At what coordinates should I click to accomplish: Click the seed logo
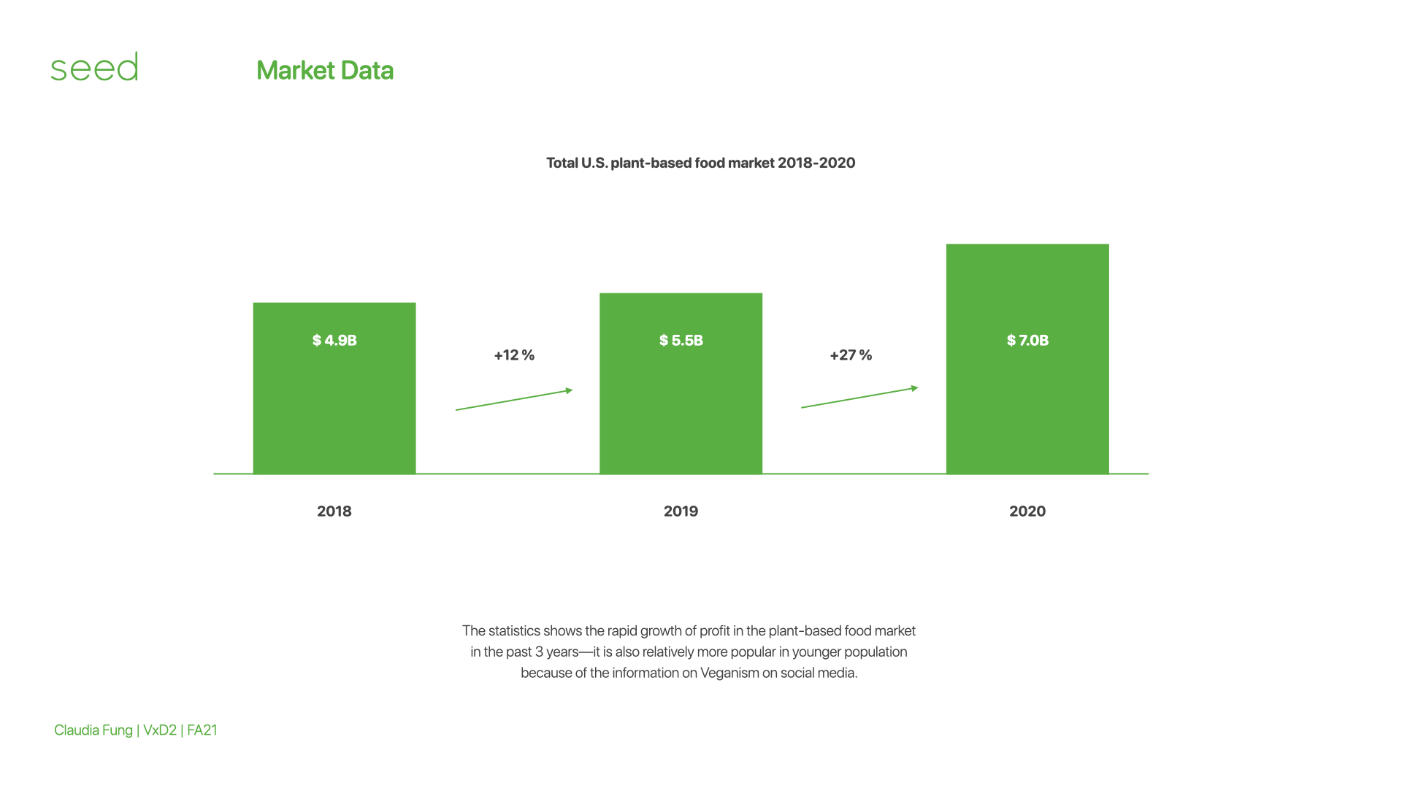point(94,66)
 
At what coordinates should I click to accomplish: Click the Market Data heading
point(325,71)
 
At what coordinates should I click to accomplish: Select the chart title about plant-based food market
point(701,163)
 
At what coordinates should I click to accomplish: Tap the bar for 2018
point(334,388)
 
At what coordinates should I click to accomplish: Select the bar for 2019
point(681,384)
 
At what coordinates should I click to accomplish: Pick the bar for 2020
point(1027,359)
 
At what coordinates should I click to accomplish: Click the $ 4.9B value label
point(334,341)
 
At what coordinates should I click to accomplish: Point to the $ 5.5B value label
point(681,341)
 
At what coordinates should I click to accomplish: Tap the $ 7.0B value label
point(1027,341)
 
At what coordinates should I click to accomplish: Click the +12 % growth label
point(514,355)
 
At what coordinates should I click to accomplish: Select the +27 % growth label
point(851,355)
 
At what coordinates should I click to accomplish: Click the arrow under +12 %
point(514,400)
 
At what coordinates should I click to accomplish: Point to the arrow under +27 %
point(859,397)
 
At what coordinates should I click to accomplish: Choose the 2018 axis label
point(334,511)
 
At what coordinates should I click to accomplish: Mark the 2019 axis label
point(681,511)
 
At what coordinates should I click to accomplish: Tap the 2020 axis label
point(1027,511)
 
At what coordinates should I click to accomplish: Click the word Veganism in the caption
point(729,673)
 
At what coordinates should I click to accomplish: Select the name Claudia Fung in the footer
point(93,730)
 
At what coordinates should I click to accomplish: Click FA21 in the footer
point(202,730)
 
